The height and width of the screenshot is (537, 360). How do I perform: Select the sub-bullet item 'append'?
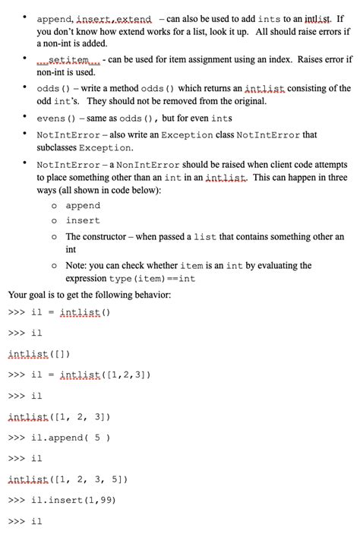coord(83,206)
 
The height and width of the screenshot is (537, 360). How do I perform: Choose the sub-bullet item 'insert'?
coord(83,220)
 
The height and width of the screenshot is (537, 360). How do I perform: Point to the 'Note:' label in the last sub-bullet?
coord(77,266)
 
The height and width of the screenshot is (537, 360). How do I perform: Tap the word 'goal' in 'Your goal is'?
coord(44,295)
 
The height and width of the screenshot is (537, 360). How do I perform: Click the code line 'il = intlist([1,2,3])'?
coord(90,374)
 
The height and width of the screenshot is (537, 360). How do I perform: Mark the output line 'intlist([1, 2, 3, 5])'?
coord(68,479)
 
